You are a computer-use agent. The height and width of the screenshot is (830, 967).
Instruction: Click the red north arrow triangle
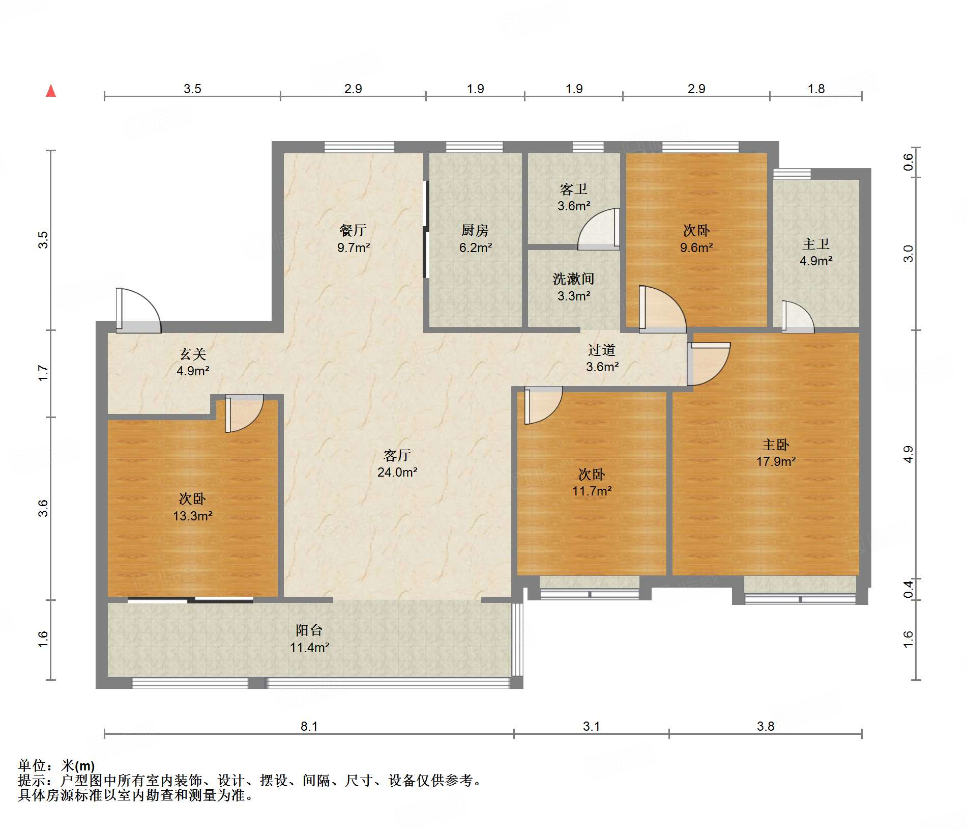click(x=51, y=91)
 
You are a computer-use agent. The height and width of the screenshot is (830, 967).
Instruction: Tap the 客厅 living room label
click(x=397, y=455)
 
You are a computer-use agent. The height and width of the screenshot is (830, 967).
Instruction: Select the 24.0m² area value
click(x=397, y=472)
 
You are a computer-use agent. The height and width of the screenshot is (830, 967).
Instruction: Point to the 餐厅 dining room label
click(x=353, y=230)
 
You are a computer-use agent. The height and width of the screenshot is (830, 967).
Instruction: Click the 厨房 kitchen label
click(x=475, y=230)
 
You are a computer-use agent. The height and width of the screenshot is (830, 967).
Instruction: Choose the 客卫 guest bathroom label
click(x=574, y=189)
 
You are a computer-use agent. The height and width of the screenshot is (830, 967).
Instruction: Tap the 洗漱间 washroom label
click(x=574, y=279)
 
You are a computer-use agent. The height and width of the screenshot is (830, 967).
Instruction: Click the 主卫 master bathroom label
click(x=816, y=244)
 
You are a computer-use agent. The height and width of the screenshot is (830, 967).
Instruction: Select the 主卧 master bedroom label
click(x=776, y=445)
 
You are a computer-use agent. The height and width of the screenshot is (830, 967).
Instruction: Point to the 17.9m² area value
click(x=776, y=461)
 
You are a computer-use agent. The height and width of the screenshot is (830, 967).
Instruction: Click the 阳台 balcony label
click(x=309, y=630)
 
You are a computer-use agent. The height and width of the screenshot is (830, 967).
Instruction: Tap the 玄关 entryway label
click(x=193, y=354)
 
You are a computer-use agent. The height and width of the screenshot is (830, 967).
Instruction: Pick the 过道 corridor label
click(x=602, y=350)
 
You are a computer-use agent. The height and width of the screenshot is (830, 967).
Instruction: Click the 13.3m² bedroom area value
click(x=193, y=516)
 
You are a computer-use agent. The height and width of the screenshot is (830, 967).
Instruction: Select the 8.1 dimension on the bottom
click(x=309, y=726)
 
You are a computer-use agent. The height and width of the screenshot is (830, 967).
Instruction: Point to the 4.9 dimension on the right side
click(x=909, y=454)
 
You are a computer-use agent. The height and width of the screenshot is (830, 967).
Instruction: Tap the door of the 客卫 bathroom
click(x=599, y=229)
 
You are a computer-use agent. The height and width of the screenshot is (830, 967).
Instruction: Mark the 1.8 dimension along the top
click(x=816, y=89)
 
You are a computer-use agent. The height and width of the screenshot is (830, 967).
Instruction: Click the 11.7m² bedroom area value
click(x=592, y=491)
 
